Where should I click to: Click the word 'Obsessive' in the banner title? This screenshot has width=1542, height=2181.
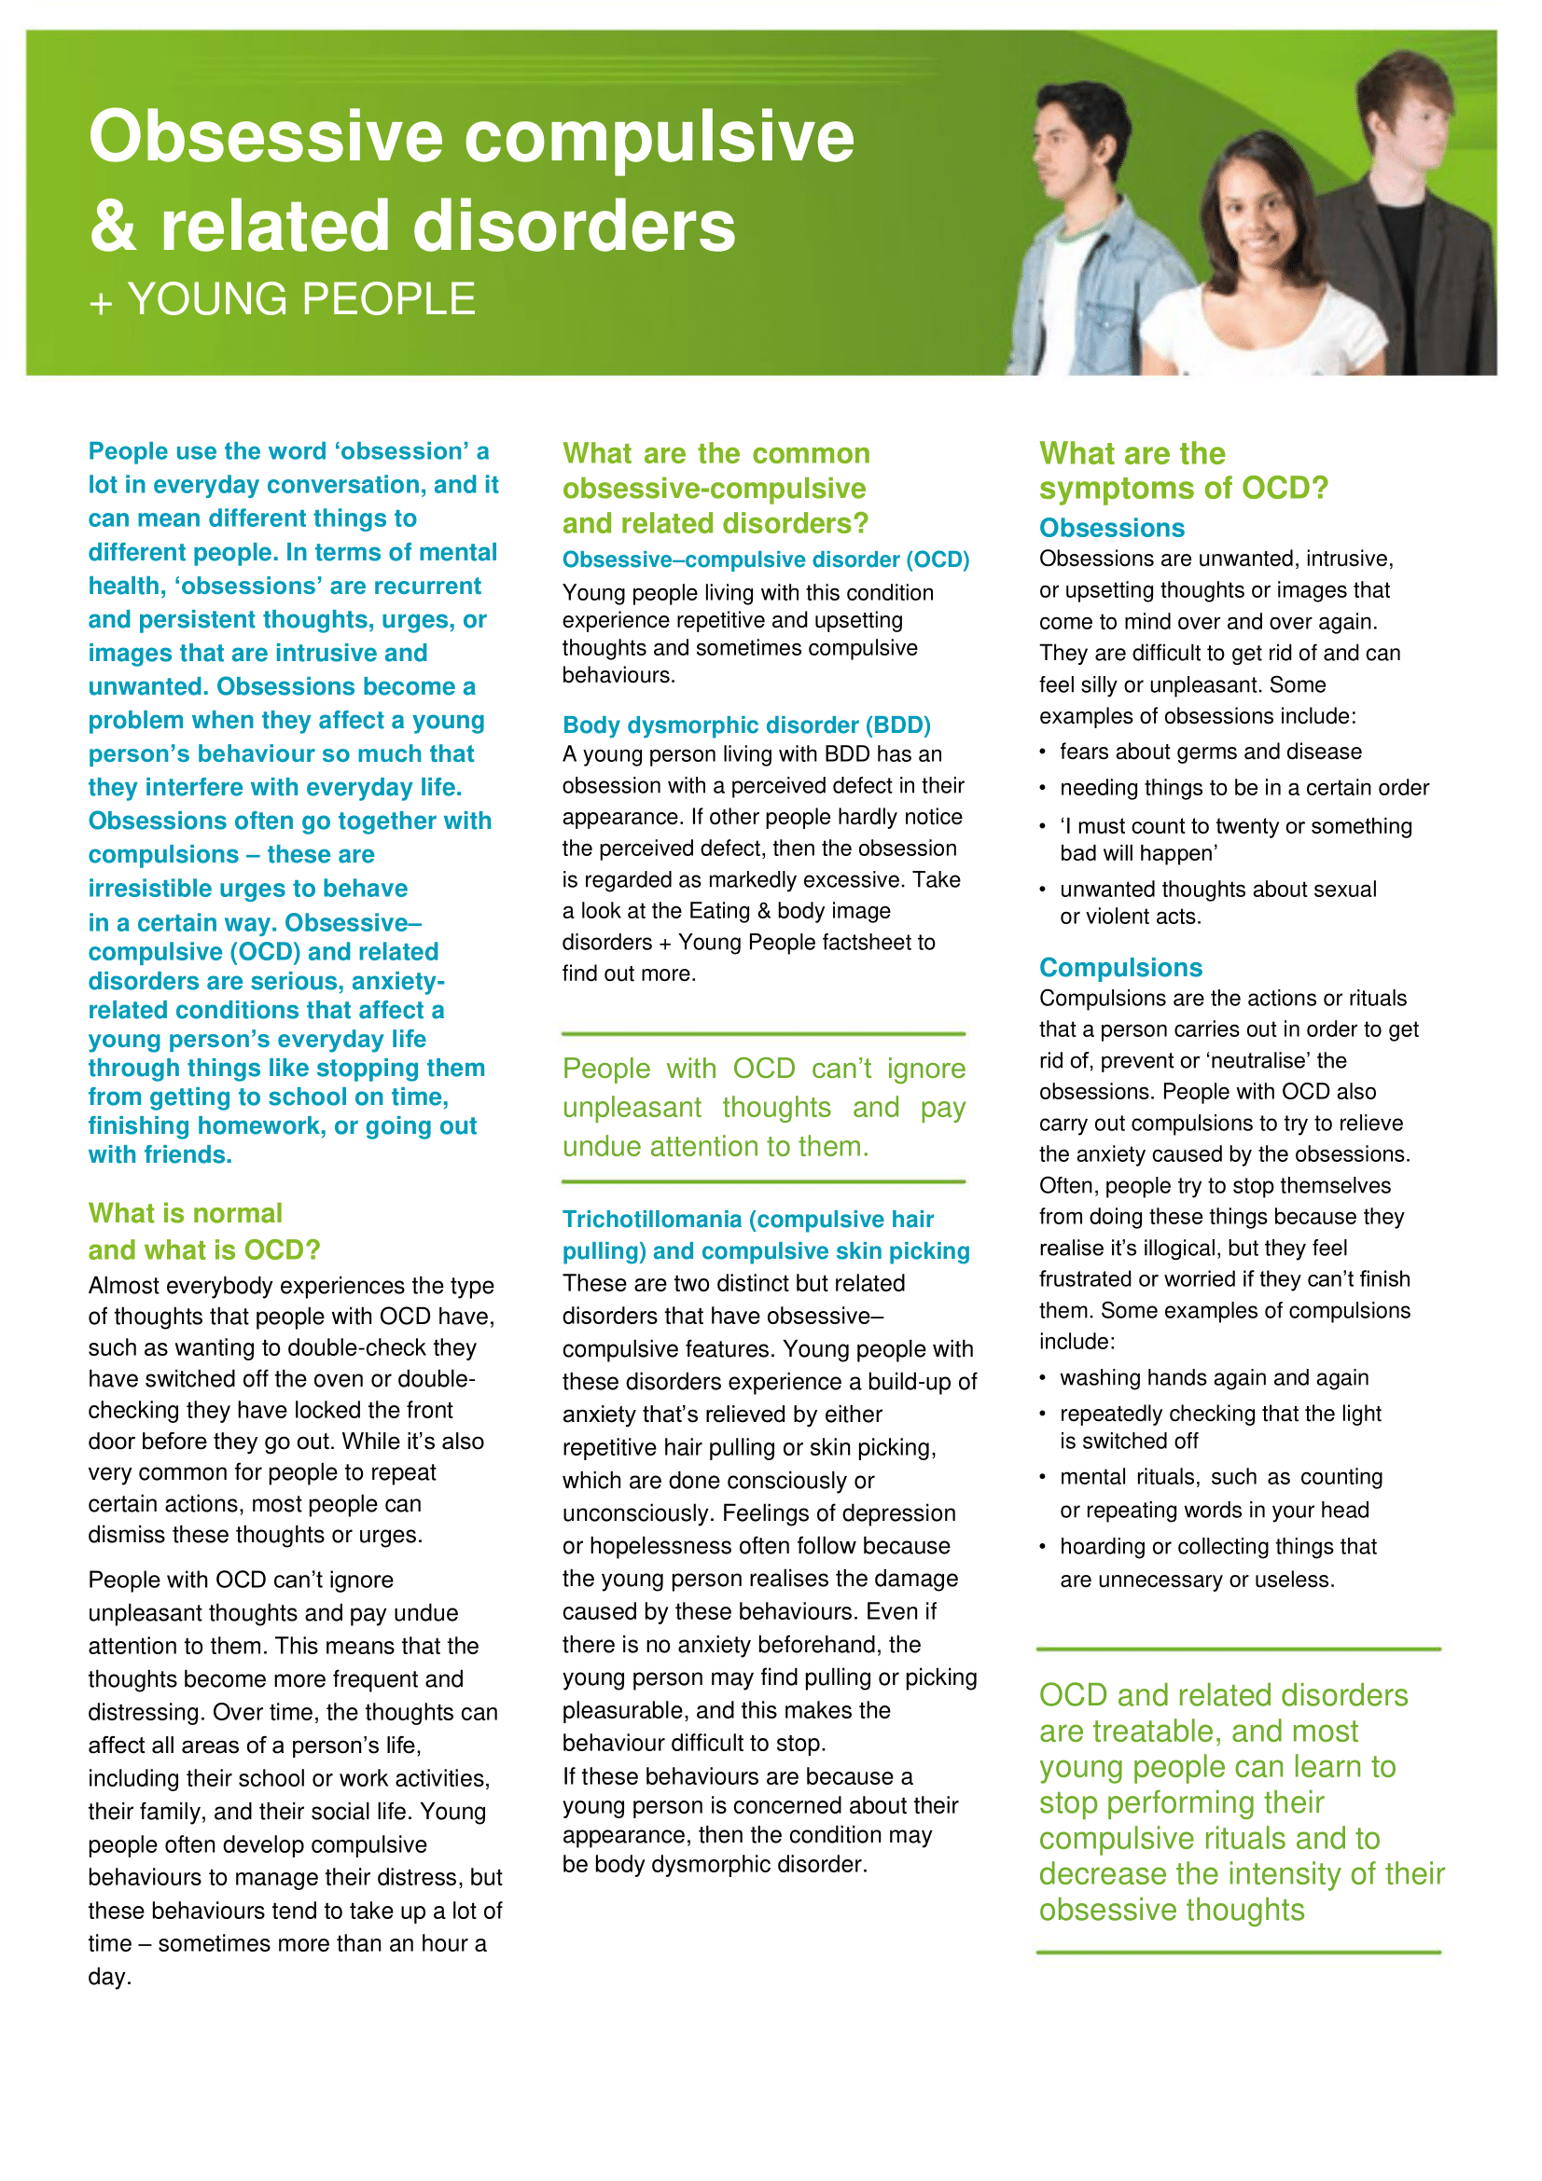[x=265, y=137]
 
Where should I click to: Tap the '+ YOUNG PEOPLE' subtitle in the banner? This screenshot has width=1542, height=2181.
[x=282, y=300]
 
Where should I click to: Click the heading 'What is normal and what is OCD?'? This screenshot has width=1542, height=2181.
[x=203, y=1231]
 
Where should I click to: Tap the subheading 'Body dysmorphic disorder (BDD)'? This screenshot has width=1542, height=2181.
[x=746, y=725]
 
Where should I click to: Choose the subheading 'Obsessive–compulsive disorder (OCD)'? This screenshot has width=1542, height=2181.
[x=765, y=559]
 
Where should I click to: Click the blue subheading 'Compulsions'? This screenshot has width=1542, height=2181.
[x=1120, y=967]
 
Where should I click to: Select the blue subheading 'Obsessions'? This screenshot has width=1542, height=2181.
[x=1112, y=528]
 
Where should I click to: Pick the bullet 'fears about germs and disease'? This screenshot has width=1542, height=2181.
[x=1210, y=752]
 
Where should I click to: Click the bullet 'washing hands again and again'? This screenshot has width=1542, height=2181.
[x=1214, y=1377]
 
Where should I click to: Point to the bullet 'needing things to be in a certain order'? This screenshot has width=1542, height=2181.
[x=1243, y=788]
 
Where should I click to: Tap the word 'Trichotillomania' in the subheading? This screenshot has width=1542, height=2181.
[x=652, y=1219]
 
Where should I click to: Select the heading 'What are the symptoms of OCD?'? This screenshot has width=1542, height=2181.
[x=1182, y=470]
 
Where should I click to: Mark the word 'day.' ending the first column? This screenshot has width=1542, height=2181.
[x=110, y=1977]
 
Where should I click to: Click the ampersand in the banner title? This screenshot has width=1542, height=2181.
[x=112, y=227]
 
